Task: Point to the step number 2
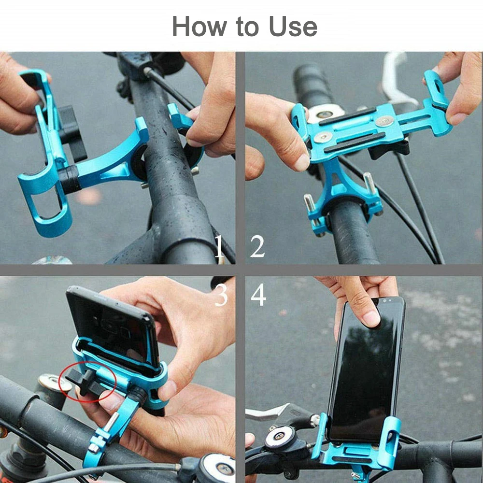pos(257,247)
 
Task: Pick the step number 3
pos(221,296)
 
